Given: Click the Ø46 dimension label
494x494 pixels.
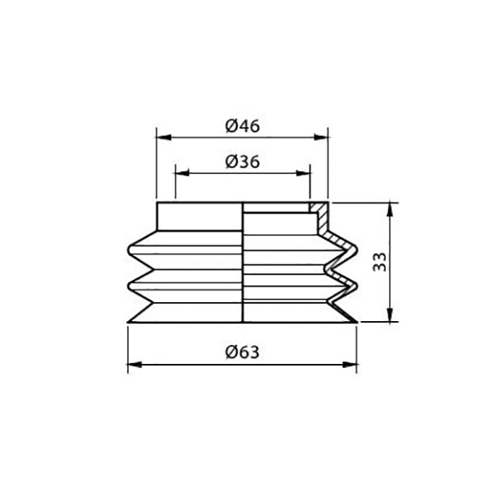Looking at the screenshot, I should pos(242,125).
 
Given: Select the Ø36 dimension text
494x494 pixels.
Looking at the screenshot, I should pos(242,162).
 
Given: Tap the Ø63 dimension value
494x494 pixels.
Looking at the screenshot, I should pos(242,352).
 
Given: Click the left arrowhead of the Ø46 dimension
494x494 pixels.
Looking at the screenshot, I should pos(161,136).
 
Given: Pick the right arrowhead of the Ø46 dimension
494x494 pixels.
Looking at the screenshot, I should pos(322,136).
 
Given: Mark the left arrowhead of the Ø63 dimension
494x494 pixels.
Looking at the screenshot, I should pos(133,363).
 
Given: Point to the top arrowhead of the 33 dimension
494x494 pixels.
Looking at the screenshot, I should pos(390,208).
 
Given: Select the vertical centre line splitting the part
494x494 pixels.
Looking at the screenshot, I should pos(243,263).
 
